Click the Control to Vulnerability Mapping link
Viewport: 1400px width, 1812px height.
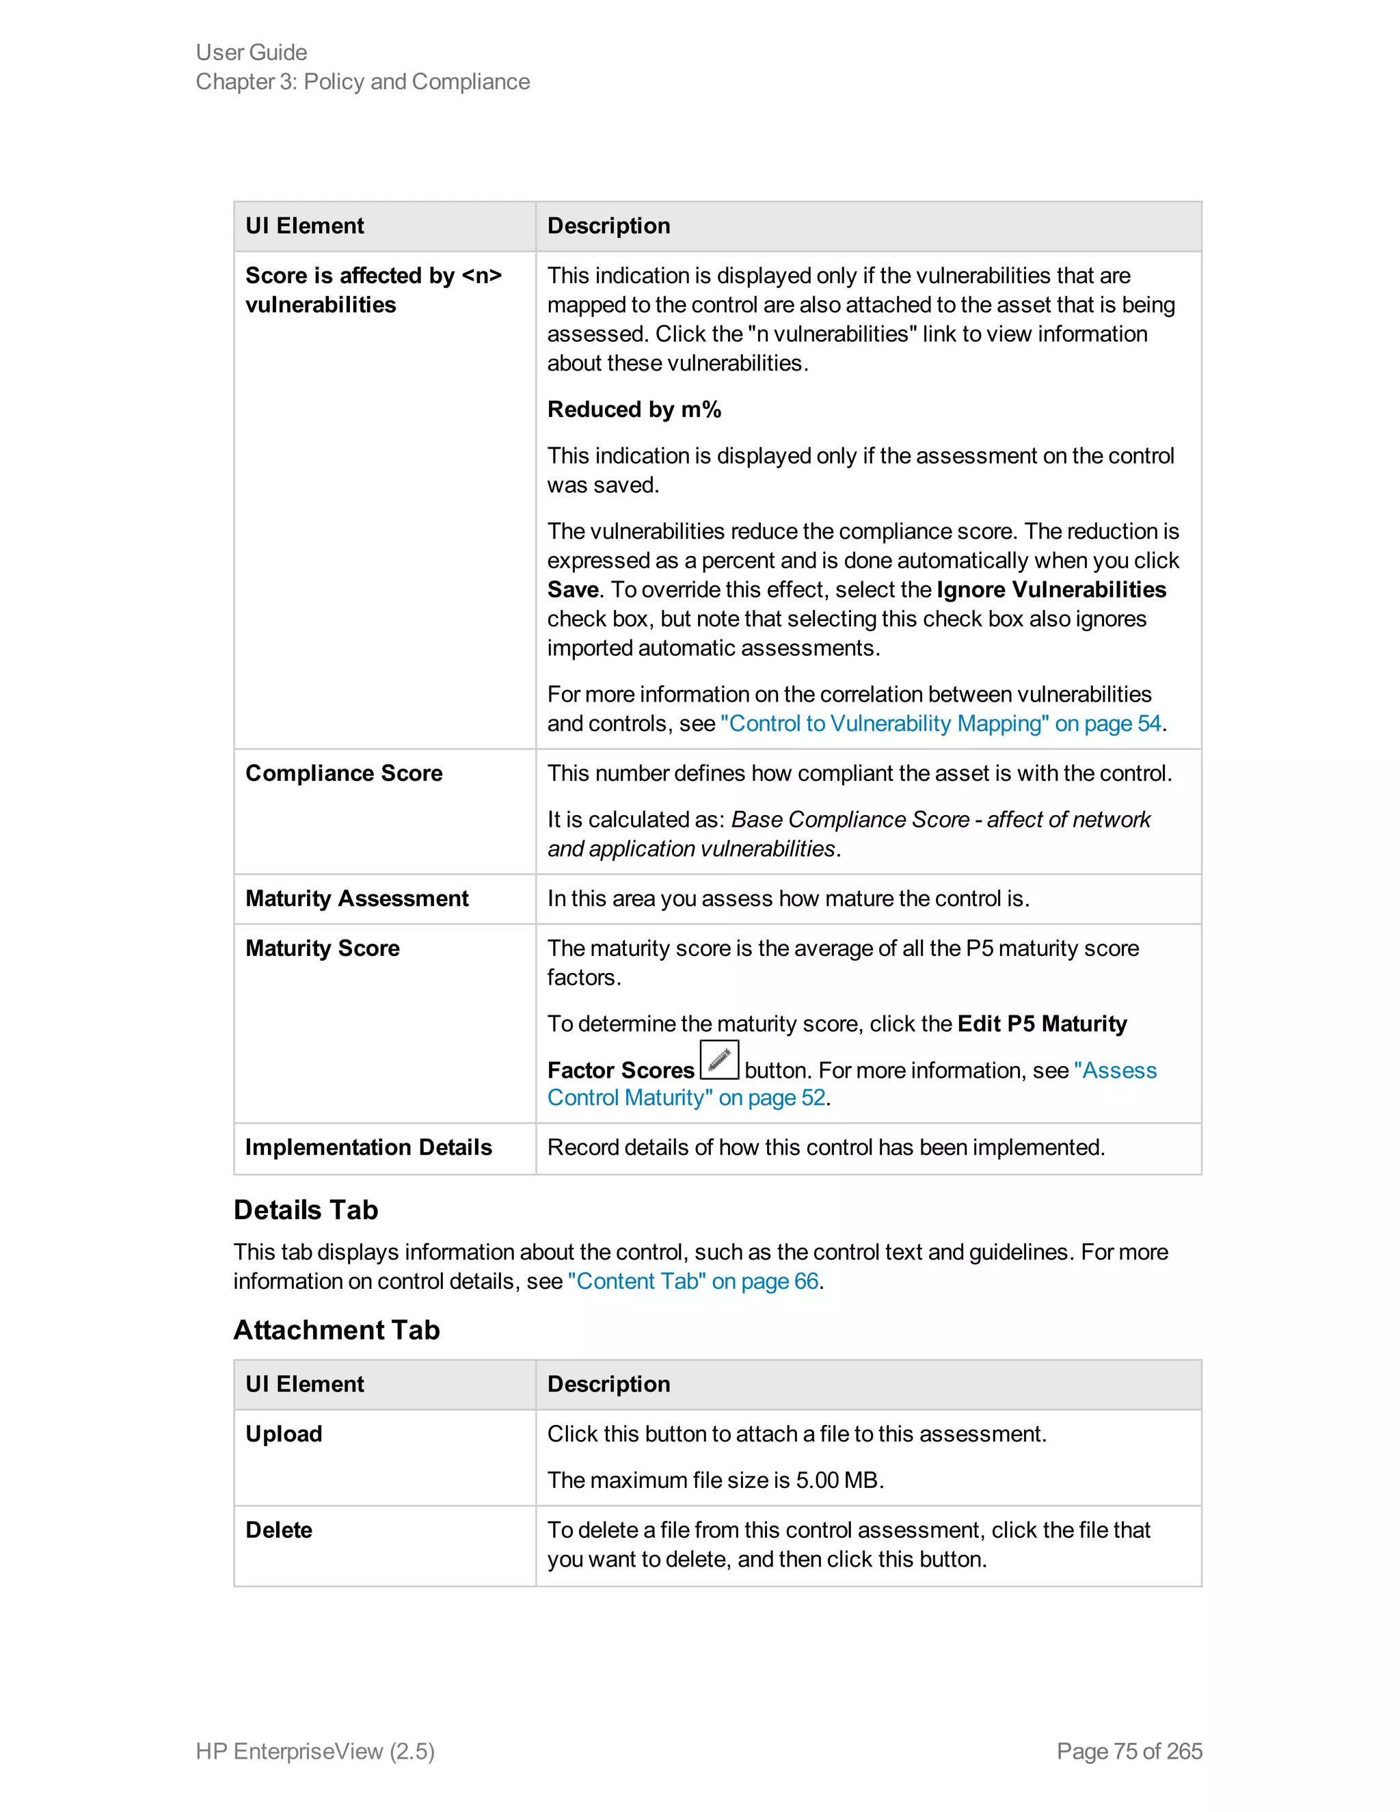[940, 723]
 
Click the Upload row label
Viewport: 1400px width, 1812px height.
[284, 1434]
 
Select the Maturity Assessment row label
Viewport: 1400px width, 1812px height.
[357, 898]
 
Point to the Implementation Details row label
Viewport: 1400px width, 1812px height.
[368, 1147]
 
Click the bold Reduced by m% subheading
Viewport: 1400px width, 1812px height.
[634, 409]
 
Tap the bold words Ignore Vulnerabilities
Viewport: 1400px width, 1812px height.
[1051, 590]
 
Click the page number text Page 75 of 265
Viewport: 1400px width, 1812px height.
[1129, 1751]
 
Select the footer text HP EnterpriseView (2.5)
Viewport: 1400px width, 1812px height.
[315, 1751]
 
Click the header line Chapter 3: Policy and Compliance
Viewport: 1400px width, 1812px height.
[362, 81]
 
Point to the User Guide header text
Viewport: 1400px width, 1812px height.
[252, 52]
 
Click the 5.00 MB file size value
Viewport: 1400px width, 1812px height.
[837, 1480]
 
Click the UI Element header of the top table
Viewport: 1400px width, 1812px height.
[304, 226]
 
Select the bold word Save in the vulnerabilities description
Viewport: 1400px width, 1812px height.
[572, 590]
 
